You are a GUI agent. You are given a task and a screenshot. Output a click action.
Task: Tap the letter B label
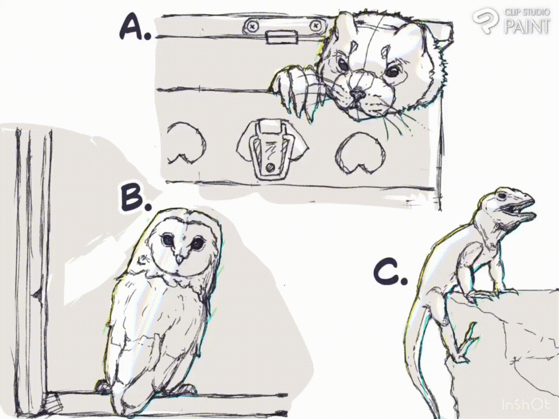(134, 198)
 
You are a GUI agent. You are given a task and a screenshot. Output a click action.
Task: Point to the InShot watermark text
(525, 405)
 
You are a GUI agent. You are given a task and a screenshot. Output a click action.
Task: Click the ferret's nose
(357, 94)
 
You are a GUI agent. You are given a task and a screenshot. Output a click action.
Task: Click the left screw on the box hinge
(252, 26)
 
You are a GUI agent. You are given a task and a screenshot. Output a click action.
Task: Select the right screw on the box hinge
(315, 26)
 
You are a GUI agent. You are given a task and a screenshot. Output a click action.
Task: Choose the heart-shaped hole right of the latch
(361, 153)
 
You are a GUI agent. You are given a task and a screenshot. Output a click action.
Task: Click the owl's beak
(180, 258)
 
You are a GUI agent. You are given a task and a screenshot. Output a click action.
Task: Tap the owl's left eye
(167, 240)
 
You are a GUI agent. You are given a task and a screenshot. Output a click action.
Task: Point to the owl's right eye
(197, 244)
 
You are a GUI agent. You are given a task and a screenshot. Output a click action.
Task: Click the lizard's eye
(503, 196)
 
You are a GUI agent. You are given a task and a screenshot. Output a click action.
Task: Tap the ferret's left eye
(342, 65)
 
